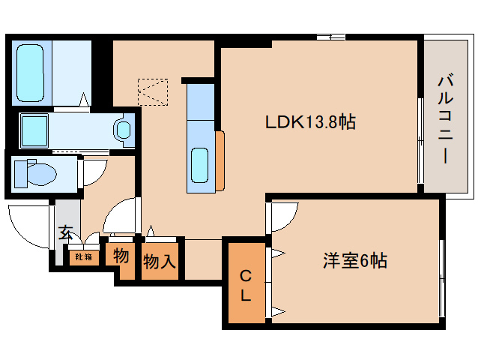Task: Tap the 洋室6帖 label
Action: [355, 261]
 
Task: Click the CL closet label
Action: [245, 285]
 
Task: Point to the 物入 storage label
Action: [160, 262]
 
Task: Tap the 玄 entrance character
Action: [65, 232]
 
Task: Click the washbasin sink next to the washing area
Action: [123, 130]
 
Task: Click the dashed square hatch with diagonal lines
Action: [154, 92]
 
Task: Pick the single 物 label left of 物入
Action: [121, 256]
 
